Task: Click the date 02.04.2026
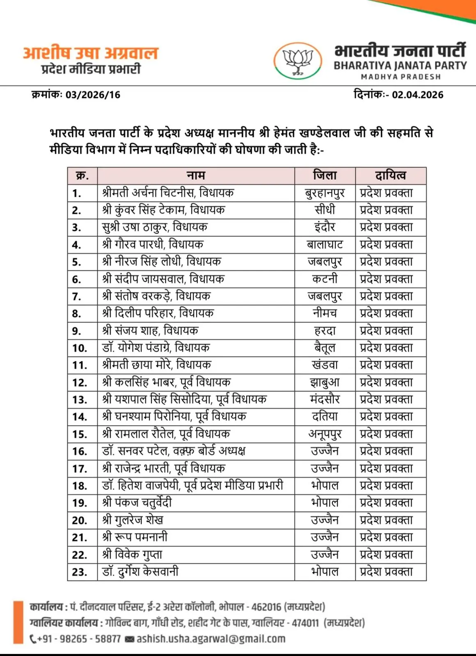(x=417, y=95)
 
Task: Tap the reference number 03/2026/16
(x=93, y=95)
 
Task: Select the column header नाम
(x=196, y=175)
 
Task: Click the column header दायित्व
(x=390, y=175)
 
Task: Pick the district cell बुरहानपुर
(x=325, y=193)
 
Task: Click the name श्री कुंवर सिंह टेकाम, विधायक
(x=163, y=210)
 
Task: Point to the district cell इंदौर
(x=325, y=227)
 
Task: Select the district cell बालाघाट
(x=325, y=244)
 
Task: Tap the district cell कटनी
(x=325, y=279)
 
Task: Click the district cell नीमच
(x=325, y=313)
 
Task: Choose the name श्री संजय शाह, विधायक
(x=150, y=330)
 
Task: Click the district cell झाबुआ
(x=325, y=382)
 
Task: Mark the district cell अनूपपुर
(x=325, y=434)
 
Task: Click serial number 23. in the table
(x=80, y=572)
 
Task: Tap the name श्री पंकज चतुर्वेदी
(x=137, y=503)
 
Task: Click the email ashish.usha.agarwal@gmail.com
(x=211, y=639)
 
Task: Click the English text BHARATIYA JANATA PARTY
(x=400, y=66)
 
